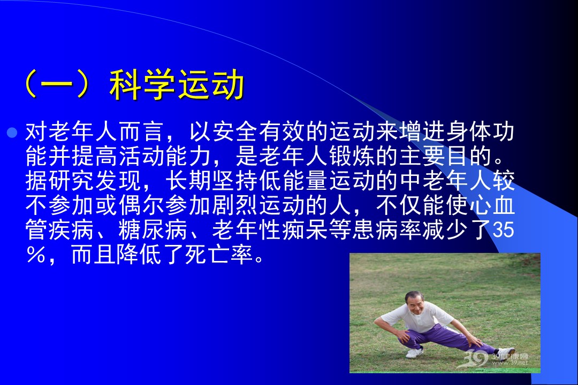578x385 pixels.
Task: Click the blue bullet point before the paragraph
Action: (x=12, y=133)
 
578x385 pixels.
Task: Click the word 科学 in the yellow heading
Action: (x=142, y=84)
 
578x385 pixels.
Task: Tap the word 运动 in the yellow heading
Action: (x=210, y=84)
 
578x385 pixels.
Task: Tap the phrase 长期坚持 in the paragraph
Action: (x=212, y=181)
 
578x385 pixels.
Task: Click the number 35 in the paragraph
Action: (x=503, y=229)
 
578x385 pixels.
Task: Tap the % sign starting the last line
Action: (x=36, y=254)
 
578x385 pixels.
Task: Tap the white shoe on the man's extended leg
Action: (x=505, y=352)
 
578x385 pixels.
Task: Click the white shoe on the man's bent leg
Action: (x=414, y=352)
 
